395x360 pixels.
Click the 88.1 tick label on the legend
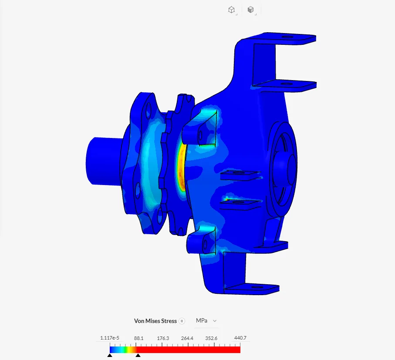click(138, 338)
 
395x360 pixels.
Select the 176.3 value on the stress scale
click(163, 338)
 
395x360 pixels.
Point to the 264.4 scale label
click(187, 338)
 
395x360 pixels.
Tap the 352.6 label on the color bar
click(211, 338)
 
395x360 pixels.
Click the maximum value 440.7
click(240, 338)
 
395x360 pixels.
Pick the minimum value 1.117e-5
click(110, 338)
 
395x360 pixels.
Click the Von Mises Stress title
click(155, 321)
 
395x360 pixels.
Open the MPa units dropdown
click(206, 321)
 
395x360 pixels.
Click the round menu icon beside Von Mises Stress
click(182, 321)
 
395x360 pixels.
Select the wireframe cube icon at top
click(232, 10)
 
